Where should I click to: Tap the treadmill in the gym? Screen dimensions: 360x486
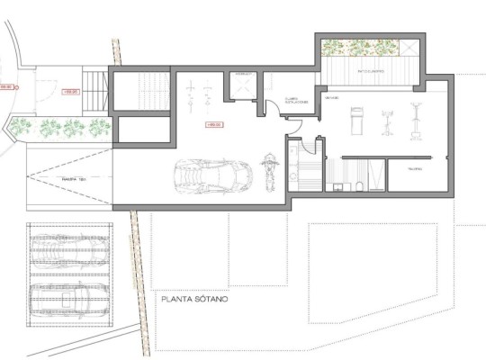pyautogui.click(x=355, y=117)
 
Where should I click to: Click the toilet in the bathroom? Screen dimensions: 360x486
pyautogui.click(x=357, y=185)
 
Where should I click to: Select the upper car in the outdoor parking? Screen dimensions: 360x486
pyautogui.click(x=67, y=247)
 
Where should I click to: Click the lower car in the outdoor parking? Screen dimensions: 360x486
pyautogui.click(x=67, y=295)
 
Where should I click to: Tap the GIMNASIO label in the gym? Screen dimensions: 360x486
pyautogui.click(x=331, y=96)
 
